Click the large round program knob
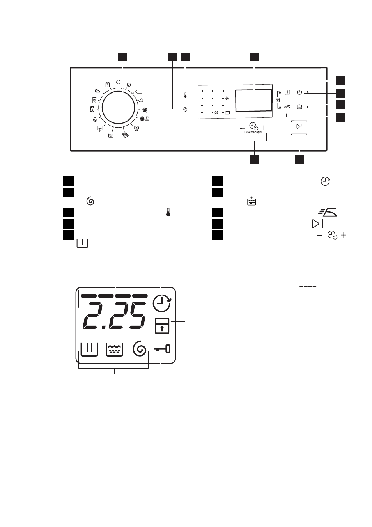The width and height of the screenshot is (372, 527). pos(118,108)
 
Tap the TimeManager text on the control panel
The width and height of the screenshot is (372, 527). pos(253,132)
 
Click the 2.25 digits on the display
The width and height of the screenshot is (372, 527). pos(114,315)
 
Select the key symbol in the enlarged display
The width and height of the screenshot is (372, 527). pos(162,349)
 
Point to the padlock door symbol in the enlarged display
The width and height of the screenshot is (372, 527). pos(162,326)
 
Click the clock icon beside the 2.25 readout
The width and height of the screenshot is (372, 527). pos(162,303)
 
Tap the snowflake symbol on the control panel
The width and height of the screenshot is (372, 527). pos(227,98)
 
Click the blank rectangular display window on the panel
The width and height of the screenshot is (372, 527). pos(253,100)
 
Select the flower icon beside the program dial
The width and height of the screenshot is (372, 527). pos(145,110)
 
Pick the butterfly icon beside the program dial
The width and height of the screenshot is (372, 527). pos(136,128)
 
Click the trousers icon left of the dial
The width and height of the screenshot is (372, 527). pos(92,109)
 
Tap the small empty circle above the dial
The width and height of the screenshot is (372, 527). pos(118,82)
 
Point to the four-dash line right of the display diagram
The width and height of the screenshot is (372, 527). pos(308,287)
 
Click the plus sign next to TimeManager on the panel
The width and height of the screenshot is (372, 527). pos(264,128)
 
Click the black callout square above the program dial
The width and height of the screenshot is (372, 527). pos(122,57)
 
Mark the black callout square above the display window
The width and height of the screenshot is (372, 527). pos(254,57)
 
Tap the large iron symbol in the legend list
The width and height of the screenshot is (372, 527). pos(328,212)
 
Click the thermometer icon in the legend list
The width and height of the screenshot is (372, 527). pos(168,212)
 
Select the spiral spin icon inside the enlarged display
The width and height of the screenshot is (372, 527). pos(140,348)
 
